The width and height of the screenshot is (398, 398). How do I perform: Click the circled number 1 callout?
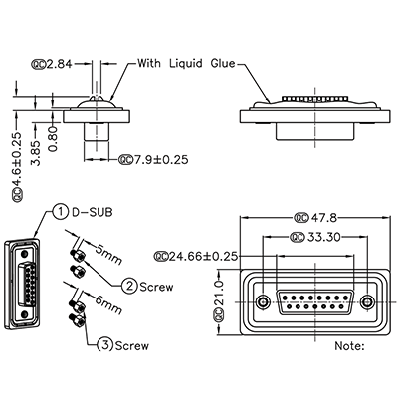tap(62, 211)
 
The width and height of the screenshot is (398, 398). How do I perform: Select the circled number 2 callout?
tap(130, 287)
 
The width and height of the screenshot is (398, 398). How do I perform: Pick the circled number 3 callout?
tap(104, 346)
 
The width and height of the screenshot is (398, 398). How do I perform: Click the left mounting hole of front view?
tap(262, 301)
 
